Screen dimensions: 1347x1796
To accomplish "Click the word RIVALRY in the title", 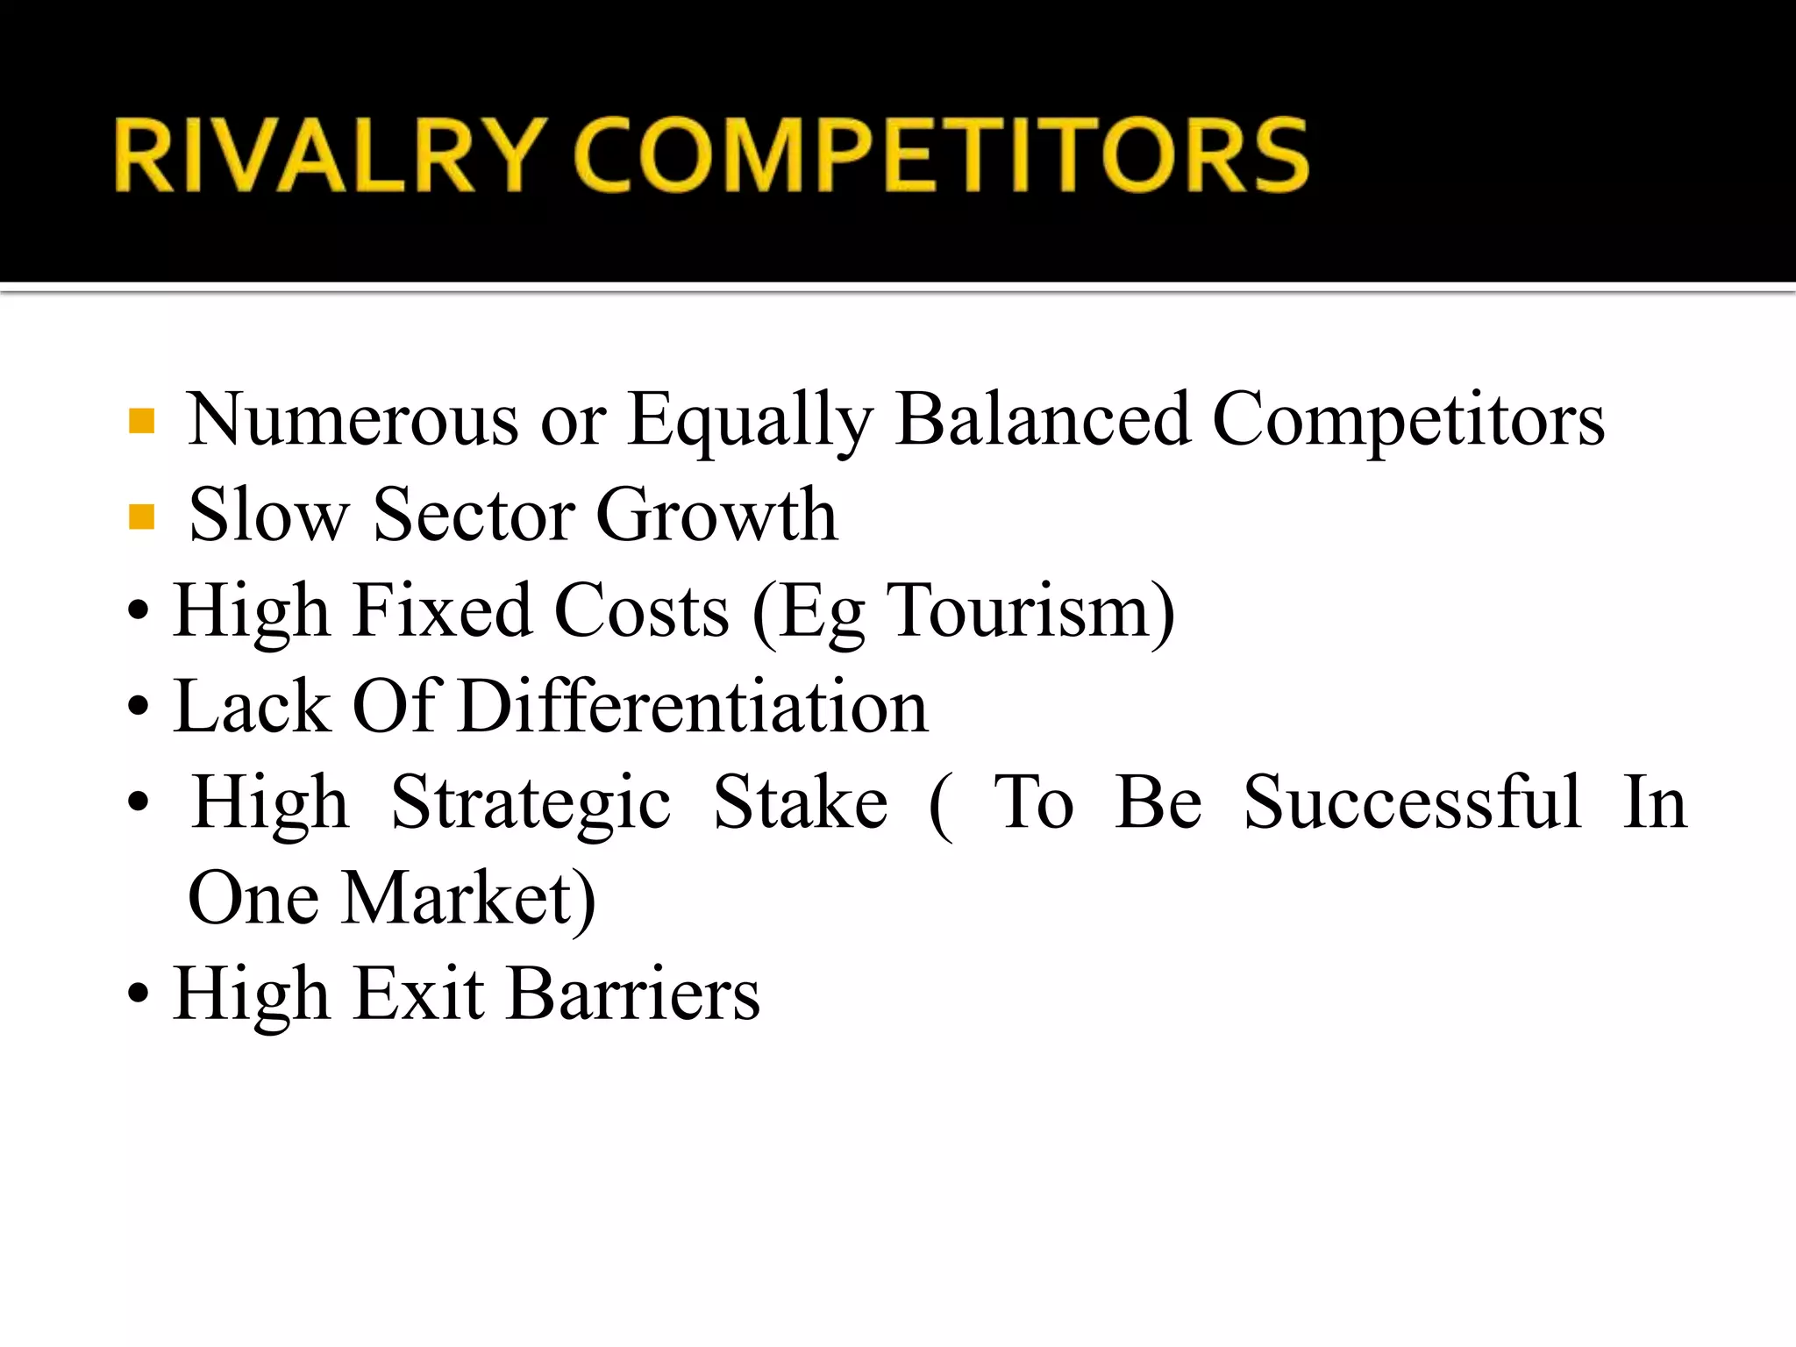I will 324,155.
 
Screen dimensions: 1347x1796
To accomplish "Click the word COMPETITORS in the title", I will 941,155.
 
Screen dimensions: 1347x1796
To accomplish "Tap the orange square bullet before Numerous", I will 141,421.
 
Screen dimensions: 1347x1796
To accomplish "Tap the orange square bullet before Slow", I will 141,517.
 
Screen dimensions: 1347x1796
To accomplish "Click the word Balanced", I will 1042,419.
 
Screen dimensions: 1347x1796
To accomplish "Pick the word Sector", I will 474,516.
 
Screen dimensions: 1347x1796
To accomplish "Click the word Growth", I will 716,516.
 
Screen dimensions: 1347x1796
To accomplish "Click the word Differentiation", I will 693,706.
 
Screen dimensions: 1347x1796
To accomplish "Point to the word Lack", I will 253,706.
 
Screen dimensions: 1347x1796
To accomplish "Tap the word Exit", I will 419,994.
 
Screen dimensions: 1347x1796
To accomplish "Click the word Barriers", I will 634,994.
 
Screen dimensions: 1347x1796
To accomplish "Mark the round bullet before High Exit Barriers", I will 139,995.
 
